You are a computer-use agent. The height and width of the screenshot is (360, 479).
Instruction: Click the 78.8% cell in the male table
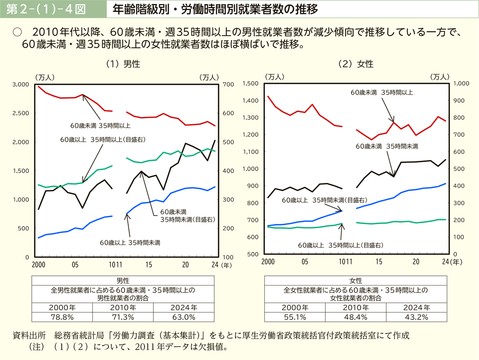pos(63,316)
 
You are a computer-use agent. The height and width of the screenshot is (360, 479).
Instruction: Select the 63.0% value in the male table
pos(183,316)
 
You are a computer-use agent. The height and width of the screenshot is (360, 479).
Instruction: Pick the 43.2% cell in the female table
pos(416,316)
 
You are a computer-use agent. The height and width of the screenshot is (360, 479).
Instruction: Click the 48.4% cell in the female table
pos(356,316)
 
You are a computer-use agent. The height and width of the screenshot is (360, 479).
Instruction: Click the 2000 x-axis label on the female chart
pos(267,262)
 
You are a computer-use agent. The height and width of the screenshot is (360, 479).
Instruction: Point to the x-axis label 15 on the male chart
pos(149,264)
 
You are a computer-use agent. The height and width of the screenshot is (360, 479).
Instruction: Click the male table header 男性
pos(123,281)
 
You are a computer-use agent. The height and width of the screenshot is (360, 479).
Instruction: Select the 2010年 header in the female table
pos(356,307)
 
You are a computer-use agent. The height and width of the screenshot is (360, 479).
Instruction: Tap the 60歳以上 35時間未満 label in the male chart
pos(130,242)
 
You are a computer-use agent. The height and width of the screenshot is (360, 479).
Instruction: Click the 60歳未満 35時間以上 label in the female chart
pos(381,92)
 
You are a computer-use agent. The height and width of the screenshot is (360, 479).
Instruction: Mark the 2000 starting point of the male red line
pos(39,86)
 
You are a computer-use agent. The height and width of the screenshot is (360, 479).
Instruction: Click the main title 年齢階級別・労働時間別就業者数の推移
pos(215,9)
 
